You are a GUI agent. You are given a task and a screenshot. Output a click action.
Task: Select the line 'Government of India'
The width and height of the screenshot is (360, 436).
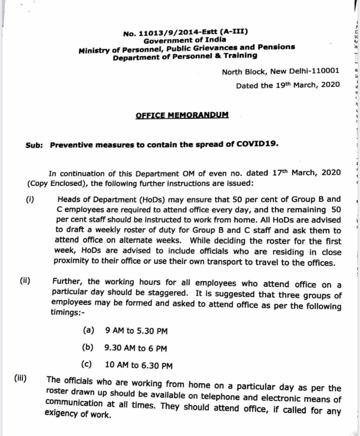coord(184,40)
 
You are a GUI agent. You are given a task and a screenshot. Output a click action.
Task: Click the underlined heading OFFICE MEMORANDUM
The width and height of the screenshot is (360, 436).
coord(182,115)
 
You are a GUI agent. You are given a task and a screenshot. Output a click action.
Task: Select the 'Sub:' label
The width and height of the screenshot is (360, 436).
coord(34,145)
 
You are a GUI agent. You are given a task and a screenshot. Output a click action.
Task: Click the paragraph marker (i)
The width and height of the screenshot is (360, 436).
coord(30,199)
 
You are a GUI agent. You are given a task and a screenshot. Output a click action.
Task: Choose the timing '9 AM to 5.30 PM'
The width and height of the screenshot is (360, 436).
coord(136,331)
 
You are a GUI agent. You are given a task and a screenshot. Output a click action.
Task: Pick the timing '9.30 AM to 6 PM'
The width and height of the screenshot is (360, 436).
coord(136,348)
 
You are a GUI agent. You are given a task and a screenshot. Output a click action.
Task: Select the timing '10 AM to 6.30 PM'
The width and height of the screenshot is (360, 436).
coord(139,365)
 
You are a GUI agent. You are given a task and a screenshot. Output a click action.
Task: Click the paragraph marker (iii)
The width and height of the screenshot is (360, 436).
coord(21,378)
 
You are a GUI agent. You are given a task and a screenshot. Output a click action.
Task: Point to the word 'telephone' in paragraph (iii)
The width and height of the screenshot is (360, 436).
coord(220,396)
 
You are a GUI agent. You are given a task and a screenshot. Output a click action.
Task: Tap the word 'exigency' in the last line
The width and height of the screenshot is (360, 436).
coord(61,414)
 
